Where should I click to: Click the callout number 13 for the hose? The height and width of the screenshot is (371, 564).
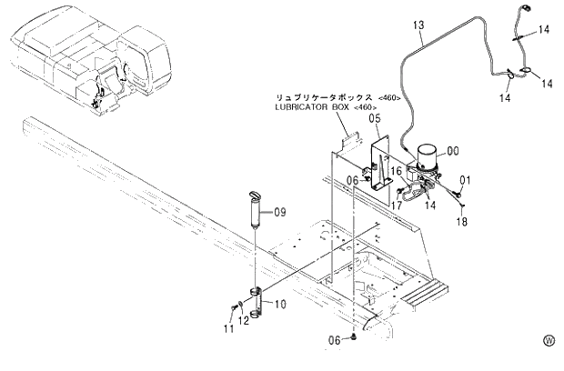pos(418,26)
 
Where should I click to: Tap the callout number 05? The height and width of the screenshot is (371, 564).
pos(374,118)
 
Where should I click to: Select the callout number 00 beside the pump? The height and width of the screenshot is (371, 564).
pos(452,151)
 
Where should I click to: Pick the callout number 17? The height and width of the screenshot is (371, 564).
pos(397,205)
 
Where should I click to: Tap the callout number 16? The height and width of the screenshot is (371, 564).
pos(397,171)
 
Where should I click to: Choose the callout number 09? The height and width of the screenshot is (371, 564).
pos(280,212)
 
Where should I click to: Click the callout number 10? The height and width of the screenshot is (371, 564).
pos(280,303)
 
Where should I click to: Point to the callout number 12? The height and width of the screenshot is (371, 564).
pos(243,319)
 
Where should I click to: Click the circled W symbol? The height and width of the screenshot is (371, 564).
pos(549,341)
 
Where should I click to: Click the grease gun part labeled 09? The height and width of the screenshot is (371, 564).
pos(255,210)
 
